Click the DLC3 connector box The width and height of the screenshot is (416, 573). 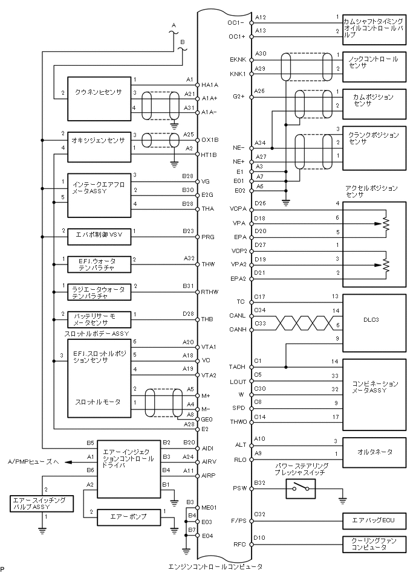[375, 318]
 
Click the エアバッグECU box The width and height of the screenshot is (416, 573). [375, 520]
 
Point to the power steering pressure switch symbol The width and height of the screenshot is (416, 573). [301, 489]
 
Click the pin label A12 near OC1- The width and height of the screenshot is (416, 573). [261, 17]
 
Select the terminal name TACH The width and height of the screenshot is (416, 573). [238, 367]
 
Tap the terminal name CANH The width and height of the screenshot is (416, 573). [238, 330]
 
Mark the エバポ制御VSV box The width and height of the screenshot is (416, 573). [98, 235]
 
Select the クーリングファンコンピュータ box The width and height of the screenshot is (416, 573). [375, 545]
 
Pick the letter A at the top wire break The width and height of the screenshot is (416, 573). [174, 25]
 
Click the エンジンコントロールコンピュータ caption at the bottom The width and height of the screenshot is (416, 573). [215, 566]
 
